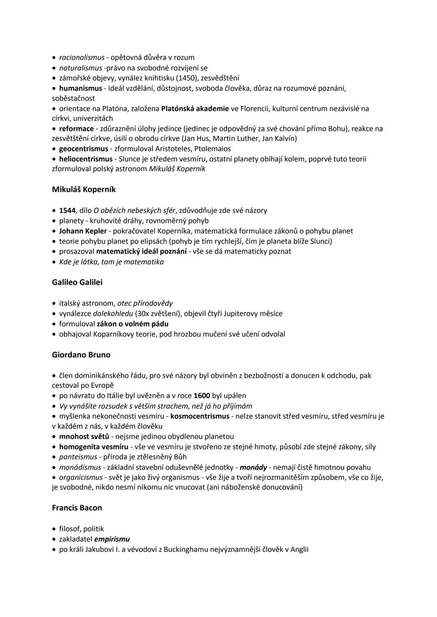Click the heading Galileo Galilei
pos(77,282)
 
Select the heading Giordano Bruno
pos(81,355)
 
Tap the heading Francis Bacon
pos(77,508)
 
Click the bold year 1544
pos(67,211)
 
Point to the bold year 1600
pos(202,396)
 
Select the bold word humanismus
pos(81,88)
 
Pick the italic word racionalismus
pos(82,57)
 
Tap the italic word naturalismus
pos(81,68)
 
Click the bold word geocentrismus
pos(83,149)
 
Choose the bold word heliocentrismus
pos(86,159)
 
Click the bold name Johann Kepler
pos(83,231)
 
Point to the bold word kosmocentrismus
pos(200,416)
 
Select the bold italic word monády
pos(253,467)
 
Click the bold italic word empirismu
pos(112,539)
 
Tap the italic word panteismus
pos(78,457)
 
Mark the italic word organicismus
pos(81,478)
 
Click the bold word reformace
pos(76,129)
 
